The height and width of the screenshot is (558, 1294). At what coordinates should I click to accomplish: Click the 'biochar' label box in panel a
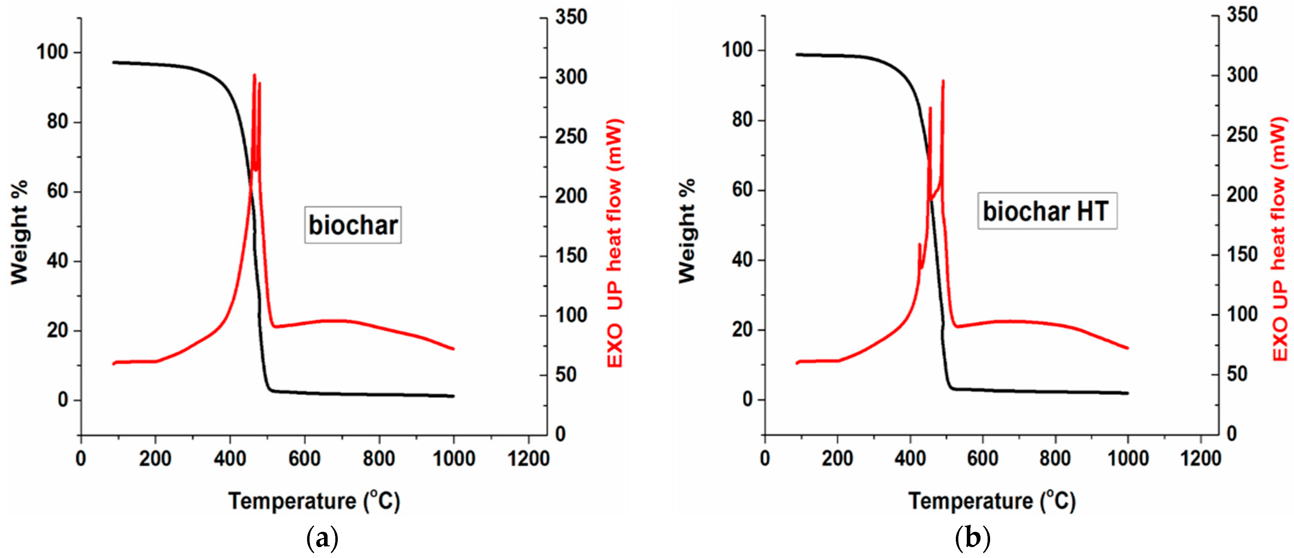point(353,225)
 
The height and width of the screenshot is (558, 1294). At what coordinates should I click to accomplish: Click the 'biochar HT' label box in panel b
point(1047,211)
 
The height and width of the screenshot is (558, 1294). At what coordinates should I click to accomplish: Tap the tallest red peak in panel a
point(254,75)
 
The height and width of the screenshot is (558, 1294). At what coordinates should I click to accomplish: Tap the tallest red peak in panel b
point(943,81)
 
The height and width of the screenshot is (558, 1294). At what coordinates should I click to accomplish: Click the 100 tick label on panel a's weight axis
point(52,52)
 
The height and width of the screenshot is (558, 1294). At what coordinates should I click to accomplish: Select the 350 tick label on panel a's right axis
point(571,17)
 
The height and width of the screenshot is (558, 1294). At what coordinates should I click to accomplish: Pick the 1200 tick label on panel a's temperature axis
point(528,458)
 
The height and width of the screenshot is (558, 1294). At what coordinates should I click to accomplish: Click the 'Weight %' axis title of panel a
point(19,232)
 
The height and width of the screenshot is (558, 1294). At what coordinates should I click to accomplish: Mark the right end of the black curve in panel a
point(453,396)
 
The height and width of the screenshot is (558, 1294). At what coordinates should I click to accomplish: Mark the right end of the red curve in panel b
point(1128,348)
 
